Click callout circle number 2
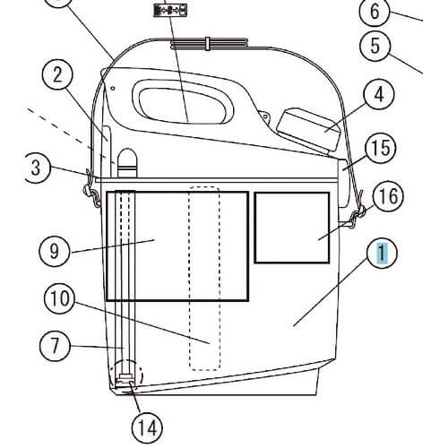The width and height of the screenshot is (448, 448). [x=57, y=74]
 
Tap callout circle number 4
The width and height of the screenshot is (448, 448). [x=379, y=95]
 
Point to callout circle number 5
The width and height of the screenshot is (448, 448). [x=375, y=46]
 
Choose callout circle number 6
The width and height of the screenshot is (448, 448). [x=375, y=12]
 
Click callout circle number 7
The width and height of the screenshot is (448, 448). [x=55, y=346]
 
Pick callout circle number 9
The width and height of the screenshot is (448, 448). [x=55, y=251]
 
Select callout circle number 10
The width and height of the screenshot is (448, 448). [x=60, y=298]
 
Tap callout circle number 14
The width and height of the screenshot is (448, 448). [x=147, y=428]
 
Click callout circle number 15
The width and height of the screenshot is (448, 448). [x=381, y=148]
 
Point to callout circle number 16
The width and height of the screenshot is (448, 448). [x=388, y=196]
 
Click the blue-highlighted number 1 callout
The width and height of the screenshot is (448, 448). [x=382, y=254]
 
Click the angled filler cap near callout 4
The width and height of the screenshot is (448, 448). [x=309, y=130]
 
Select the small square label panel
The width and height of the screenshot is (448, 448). [x=292, y=228]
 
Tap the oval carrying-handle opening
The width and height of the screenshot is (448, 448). [x=183, y=102]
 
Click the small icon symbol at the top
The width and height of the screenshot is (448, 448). [x=170, y=11]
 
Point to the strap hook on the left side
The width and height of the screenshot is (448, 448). [x=91, y=190]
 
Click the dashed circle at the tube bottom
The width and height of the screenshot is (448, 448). [x=126, y=375]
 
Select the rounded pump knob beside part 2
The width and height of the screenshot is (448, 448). [x=127, y=163]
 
